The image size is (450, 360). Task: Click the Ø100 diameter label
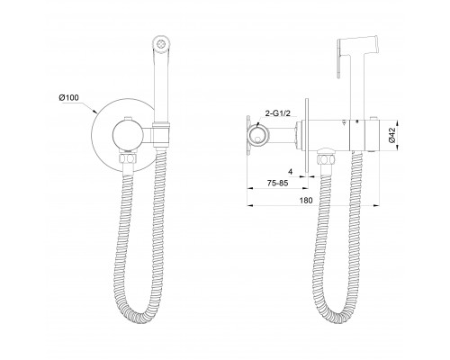click(x=68, y=97)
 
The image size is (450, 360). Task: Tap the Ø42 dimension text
click(x=391, y=135)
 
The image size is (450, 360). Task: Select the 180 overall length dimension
click(x=306, y=200)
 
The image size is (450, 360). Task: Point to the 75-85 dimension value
click(x=277, y=183)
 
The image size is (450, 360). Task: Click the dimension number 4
click(x=290, y=172)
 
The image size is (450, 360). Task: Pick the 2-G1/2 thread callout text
click(x=278, y=113)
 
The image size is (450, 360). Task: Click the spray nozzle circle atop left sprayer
click(x=161, y=43)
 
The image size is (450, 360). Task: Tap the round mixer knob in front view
click(x=127, y=135)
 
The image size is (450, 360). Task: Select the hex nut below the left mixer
click(x=129, y=158)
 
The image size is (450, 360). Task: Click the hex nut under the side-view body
click(x=325, y=158)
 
